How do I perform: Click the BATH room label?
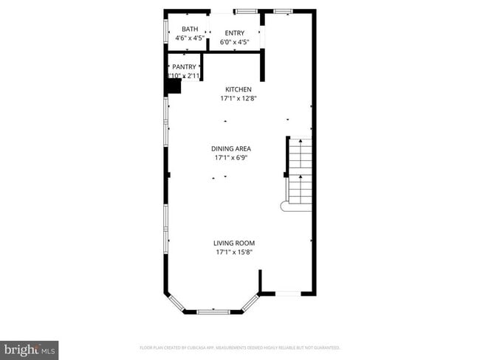[x=190, y=30]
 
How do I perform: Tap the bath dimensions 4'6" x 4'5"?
[x=190, y=38]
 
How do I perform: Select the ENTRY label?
[x=235, y=33]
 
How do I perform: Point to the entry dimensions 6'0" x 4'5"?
[x=235, y=42]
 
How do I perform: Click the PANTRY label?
[x=184, y=66]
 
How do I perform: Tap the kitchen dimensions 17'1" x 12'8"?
[x=239, y=98]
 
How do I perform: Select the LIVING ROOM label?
[x=234, y=243]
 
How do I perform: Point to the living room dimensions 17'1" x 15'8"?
[x=234, y=252]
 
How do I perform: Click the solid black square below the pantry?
[x=173, y=86]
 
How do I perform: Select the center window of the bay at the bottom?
[x=214, y=312]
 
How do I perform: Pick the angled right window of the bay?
[x=251, y=302]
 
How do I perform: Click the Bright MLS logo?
[x=30, y=349]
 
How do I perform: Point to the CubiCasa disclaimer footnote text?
[x=240, y=347]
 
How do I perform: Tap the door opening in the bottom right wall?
[x=288, y=294]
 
